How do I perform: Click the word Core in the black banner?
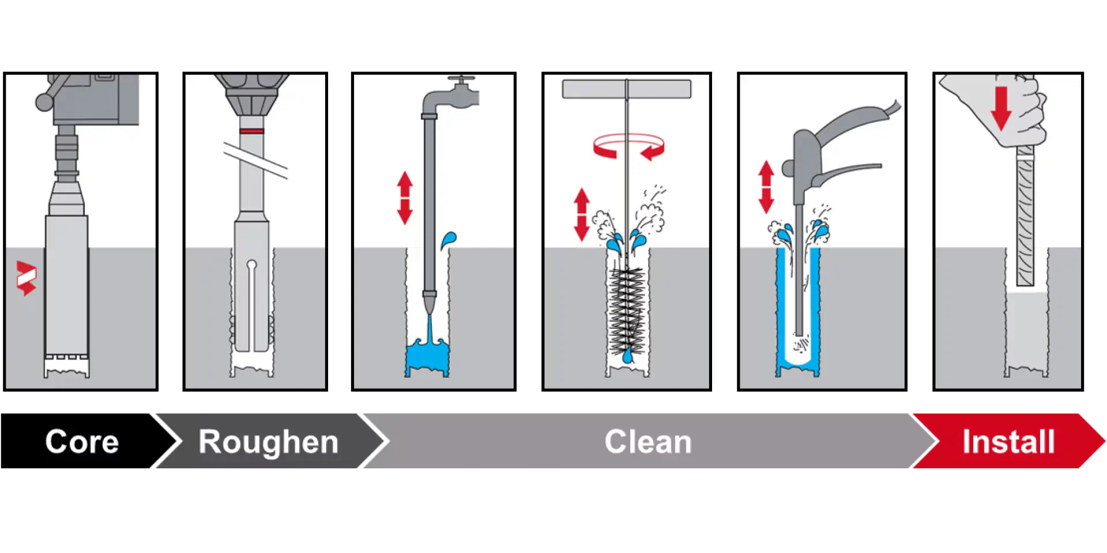point(82,442)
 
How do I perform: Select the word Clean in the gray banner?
point(648,442)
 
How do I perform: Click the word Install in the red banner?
point(1008,442)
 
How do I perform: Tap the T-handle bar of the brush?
point(627,89)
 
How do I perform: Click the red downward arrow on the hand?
point(1001,108)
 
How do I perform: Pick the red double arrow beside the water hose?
point(405,198)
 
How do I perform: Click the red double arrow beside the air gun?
point(766,187)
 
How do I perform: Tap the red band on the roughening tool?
point(252,131)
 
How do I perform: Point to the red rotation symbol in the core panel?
point(27,278)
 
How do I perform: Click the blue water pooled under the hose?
point(427,356)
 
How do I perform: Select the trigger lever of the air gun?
point(848,172)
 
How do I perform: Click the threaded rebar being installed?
point(1025,216)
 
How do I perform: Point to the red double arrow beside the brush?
point(582,214)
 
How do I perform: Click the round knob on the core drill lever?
point(44,102)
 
